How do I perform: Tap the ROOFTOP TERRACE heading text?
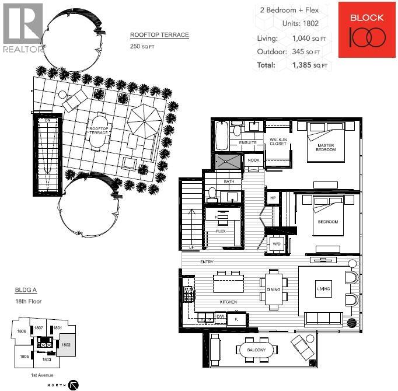[159, 35]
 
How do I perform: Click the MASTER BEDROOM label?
[326, 148]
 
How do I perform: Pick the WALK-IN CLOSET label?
[277, 142]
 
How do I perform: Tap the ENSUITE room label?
[247, 142]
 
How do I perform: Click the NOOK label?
[253, 160]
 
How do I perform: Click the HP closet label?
[273, 198]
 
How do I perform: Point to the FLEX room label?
[221, 231]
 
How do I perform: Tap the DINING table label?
[273, 290]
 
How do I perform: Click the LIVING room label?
[323, 289]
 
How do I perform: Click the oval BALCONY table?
[256, 350]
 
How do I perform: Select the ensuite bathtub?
[222, 136]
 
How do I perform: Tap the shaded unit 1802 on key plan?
[67, 345]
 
